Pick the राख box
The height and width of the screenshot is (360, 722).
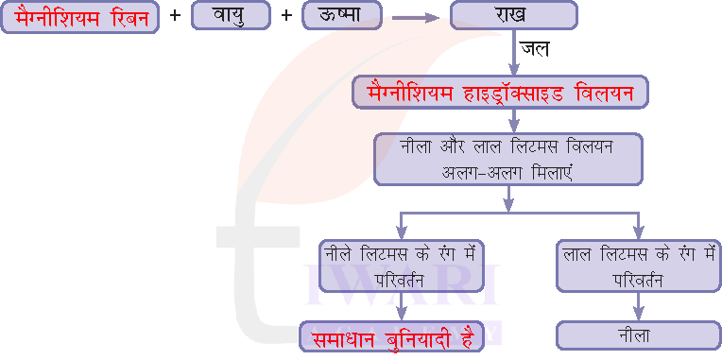tap(513, 16)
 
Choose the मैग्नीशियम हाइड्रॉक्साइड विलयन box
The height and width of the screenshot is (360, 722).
tap(501, 92)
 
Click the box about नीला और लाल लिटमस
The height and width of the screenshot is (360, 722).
tap(508, 158)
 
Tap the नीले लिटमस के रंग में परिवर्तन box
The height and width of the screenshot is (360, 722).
tap(401, 266)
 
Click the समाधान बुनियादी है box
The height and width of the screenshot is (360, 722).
tap(392, 336)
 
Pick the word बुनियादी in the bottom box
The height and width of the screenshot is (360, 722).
tap(413, 337)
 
